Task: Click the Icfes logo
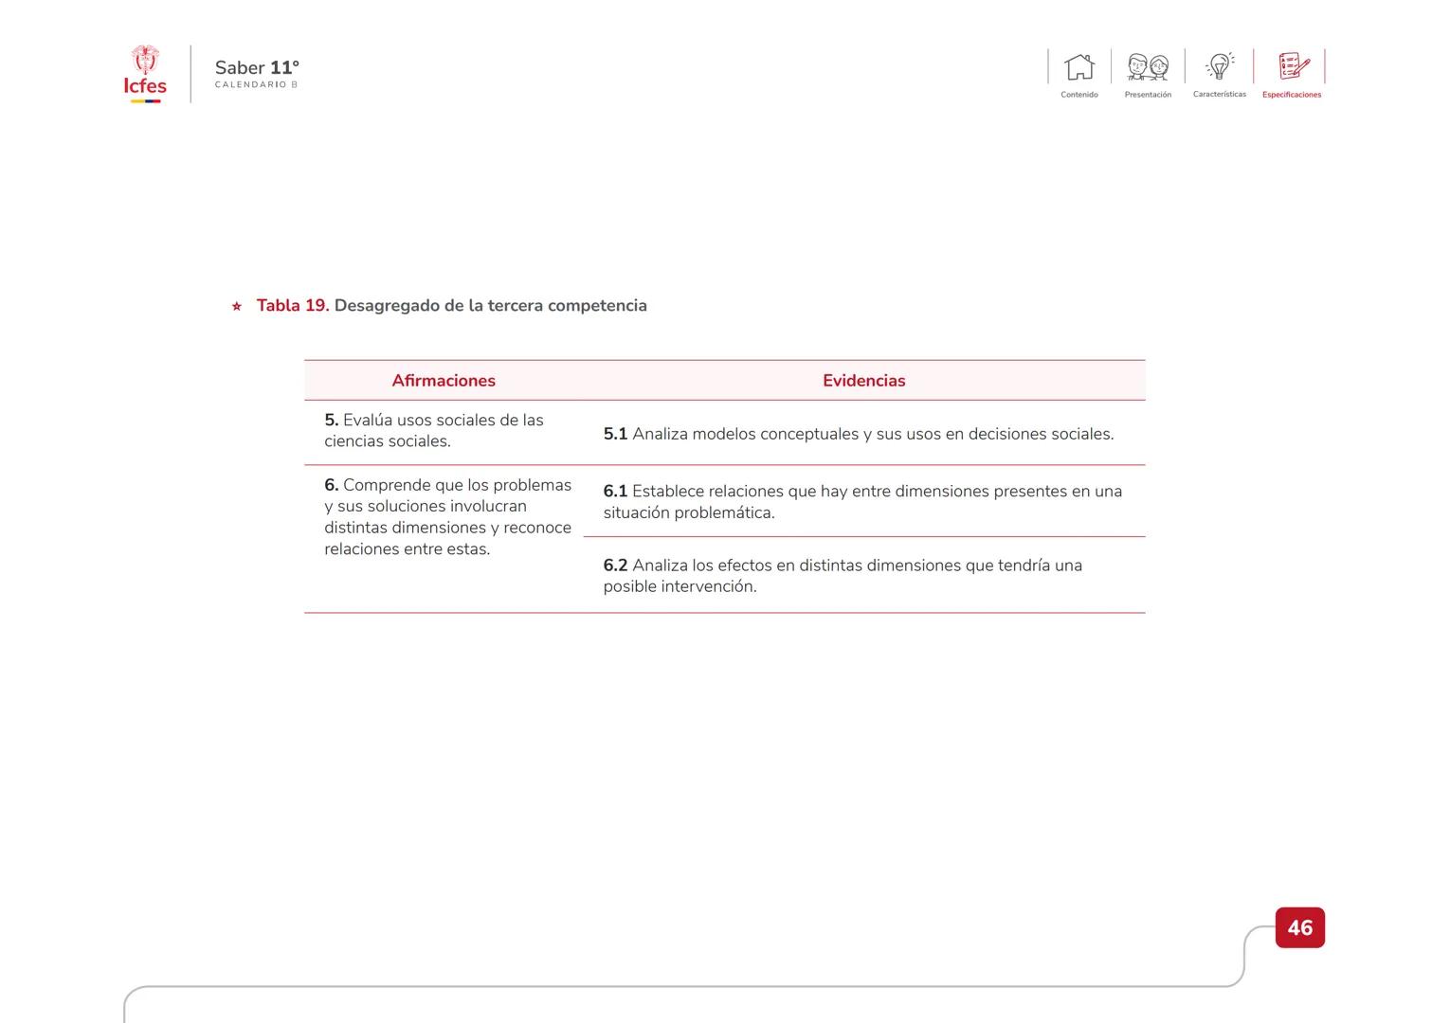(x=145, y=74)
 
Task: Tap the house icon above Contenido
(x=1078, y=67)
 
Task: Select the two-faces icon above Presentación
(x=1148, y=67)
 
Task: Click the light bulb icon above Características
(x=1220, y=66)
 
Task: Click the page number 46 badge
(x=1299, y=927)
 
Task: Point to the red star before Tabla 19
(x=237, y=306)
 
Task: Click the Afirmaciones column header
(x=444, y=381)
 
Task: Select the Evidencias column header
(x=863, y=381)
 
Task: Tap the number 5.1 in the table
(x=615, y=434)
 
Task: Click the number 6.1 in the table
(x=615, y=492)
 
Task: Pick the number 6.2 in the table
(x=615, y=565)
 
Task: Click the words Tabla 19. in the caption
(x=293, y=305)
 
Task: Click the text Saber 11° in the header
(x=257, y=67)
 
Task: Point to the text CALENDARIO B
(x=256, y=85)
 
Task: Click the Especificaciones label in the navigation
(x=1291, y=95)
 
